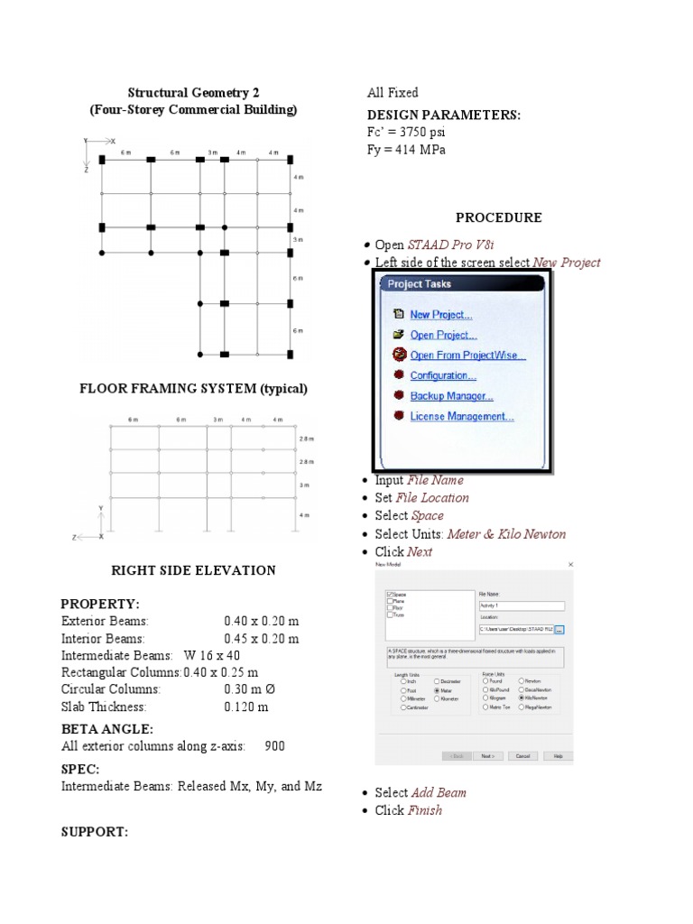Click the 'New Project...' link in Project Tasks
[x=440, y=315]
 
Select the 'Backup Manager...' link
[x=451, y=396]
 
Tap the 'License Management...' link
[x=462, y=417]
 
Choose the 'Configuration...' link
[x=443, y=375]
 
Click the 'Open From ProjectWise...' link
[x=467, y=356]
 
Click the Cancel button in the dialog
[x=522, y=756]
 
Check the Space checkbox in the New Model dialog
[x=389, y=595]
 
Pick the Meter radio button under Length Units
[x=438, y=690]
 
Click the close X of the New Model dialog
[x=570, y=565]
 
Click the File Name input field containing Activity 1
[x=522, y=606]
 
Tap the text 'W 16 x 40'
[x=212, y=655]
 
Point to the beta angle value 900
[x=275, y=746]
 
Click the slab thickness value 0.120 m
[x=246, y=707]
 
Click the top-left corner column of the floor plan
[x=102, y=159]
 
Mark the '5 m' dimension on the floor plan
[x=299, y=240]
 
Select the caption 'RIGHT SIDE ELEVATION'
[x=193, y=570]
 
